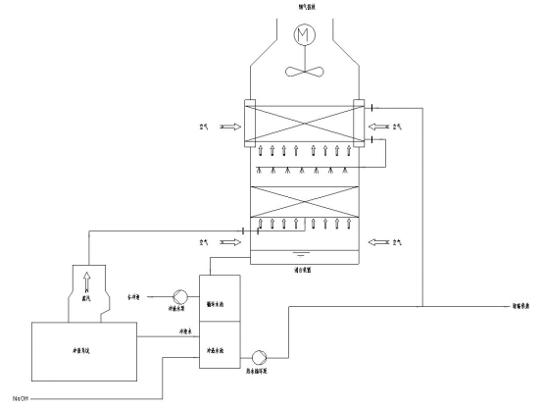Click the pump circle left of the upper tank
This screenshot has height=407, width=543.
pos(179,296)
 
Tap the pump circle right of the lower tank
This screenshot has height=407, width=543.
pos(261,357)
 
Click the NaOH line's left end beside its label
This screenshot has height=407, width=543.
pos(31,396)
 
